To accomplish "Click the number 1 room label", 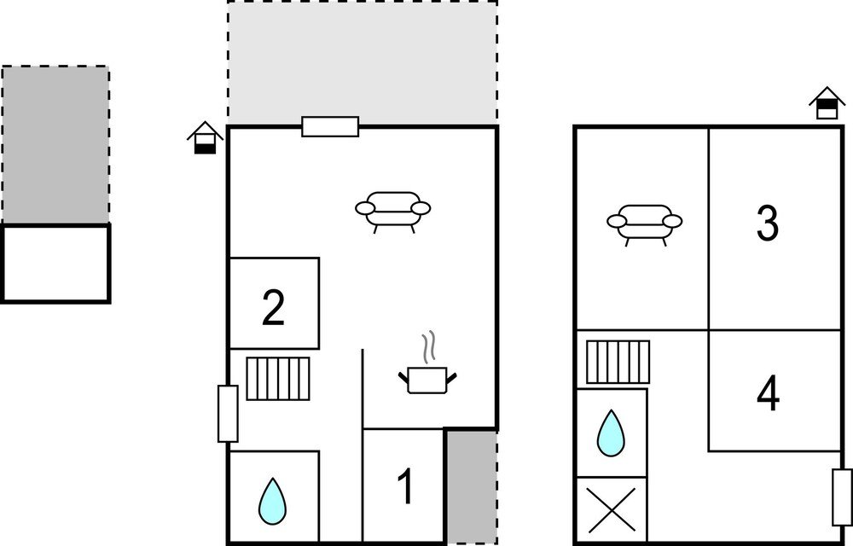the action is tap(405, 486).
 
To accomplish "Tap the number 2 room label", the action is tap(273, 308).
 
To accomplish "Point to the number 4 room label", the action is tap(768, 394).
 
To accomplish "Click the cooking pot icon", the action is tap(427, 380).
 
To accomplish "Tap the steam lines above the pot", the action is tap(429, 346).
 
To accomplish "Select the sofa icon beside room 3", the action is tap(644, 224).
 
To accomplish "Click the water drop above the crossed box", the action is tap(611, 433).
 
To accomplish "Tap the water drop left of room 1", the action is tap(272, 502).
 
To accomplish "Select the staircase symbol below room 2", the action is tap(278, 379).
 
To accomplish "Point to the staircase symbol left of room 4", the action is tap(618, 363).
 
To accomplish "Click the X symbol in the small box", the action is tap(612, 510).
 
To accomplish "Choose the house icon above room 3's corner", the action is tap(827, 102).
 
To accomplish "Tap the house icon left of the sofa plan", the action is tap(205, 137).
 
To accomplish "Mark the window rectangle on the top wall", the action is tap(330, 127).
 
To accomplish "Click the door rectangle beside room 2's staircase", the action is tap(228, 414).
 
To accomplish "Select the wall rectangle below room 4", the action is tap(842, 497).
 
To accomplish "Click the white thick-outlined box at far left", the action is tap(55, 264).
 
